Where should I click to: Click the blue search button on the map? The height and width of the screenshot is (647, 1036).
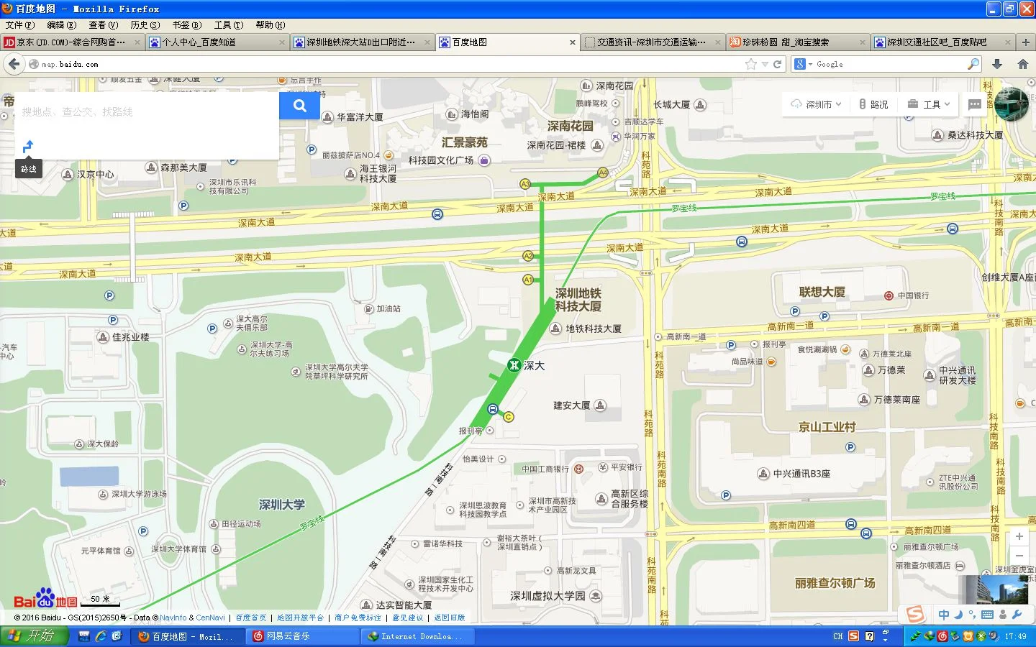[299, 106]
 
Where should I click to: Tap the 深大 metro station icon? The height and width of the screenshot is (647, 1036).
[514, 365]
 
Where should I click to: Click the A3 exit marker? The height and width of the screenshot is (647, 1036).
[525, 184]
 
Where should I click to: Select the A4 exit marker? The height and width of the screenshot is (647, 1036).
[603, 173]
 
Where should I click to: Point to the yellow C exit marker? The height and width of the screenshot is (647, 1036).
[509, 417]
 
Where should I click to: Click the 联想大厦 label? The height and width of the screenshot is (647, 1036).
[822, 292]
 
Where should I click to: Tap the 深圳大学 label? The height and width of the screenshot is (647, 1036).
[281, 505]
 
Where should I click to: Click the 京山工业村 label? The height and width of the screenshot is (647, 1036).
[827, 427]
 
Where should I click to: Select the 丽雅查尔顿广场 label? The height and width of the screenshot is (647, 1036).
[835, 583]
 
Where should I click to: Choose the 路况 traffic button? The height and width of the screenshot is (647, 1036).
[873, 104]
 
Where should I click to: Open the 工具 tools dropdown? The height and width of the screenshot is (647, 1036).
[929, 104]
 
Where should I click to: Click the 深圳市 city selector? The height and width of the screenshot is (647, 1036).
[816, 104]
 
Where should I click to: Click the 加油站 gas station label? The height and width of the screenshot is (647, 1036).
[388, 308]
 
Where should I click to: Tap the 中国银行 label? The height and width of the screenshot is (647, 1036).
[912, 295]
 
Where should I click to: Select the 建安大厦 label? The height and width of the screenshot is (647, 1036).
[572, 405]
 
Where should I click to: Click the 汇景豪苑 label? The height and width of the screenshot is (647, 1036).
[464, 142]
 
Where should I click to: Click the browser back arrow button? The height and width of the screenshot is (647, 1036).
[14, 64]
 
